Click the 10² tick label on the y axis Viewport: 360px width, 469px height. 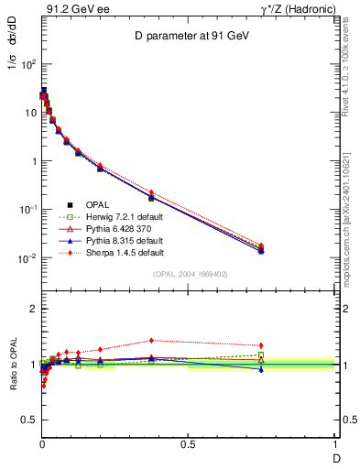pos(27,64)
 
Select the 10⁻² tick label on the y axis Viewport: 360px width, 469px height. pos(27,258)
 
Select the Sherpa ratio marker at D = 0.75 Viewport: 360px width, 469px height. pos(261,345)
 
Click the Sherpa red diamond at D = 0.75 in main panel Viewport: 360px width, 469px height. pos(261,245)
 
